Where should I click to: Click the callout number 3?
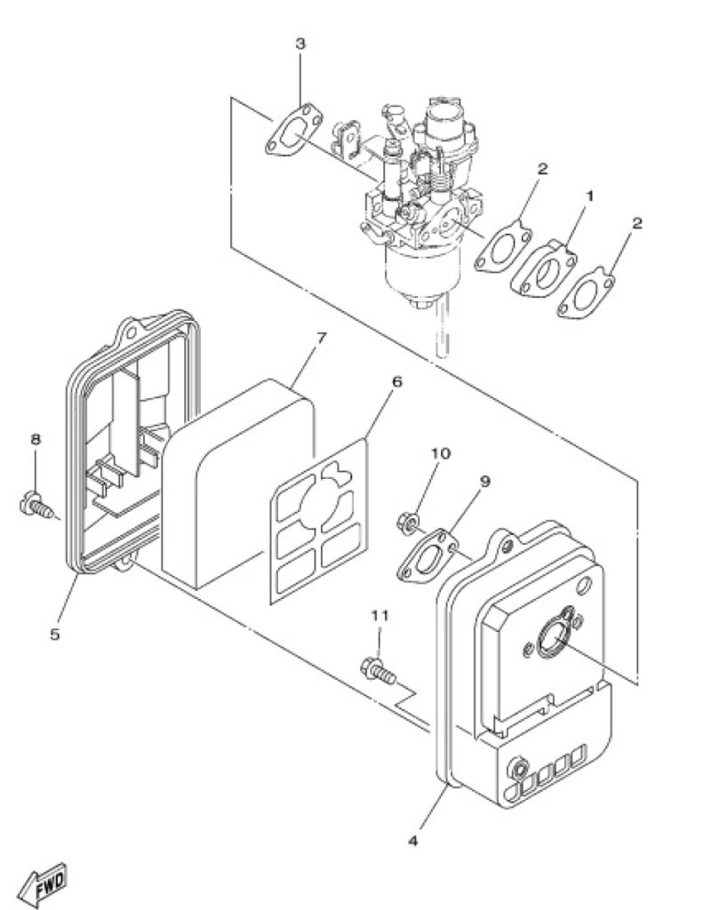tap(300, 44)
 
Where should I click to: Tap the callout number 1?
tap(589, 196)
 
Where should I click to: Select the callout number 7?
tap(321, 338)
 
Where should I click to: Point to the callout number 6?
tap(397, 382)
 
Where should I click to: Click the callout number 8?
tap(36, 439)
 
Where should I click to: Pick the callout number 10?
tap(441, 452)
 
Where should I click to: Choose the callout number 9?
tap(485, 481)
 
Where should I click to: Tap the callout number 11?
tap(379, 616)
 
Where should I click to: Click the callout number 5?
tap(54, 635)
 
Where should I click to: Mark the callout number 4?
tap(412, 841)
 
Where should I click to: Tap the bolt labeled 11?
tap(379, 671)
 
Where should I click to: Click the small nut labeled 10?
tap(406, 523)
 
